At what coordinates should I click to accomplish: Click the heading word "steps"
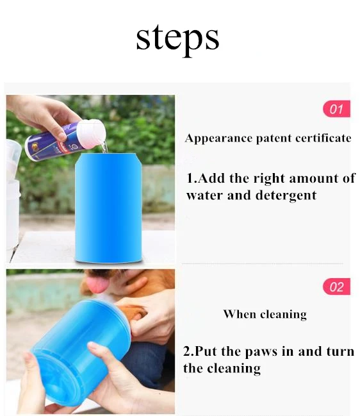177,39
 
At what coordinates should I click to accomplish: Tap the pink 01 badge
336,109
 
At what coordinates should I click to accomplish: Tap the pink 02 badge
336,287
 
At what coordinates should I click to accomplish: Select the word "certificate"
323,138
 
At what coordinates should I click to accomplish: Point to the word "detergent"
286,196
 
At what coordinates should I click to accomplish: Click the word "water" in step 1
204,196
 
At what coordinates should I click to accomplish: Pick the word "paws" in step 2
261,352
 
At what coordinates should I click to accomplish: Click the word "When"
240,314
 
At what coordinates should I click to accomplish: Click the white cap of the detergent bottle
92,133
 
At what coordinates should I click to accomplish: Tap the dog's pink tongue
97,284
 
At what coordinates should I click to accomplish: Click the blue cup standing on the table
108,208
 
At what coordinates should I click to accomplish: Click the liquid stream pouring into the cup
104,147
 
